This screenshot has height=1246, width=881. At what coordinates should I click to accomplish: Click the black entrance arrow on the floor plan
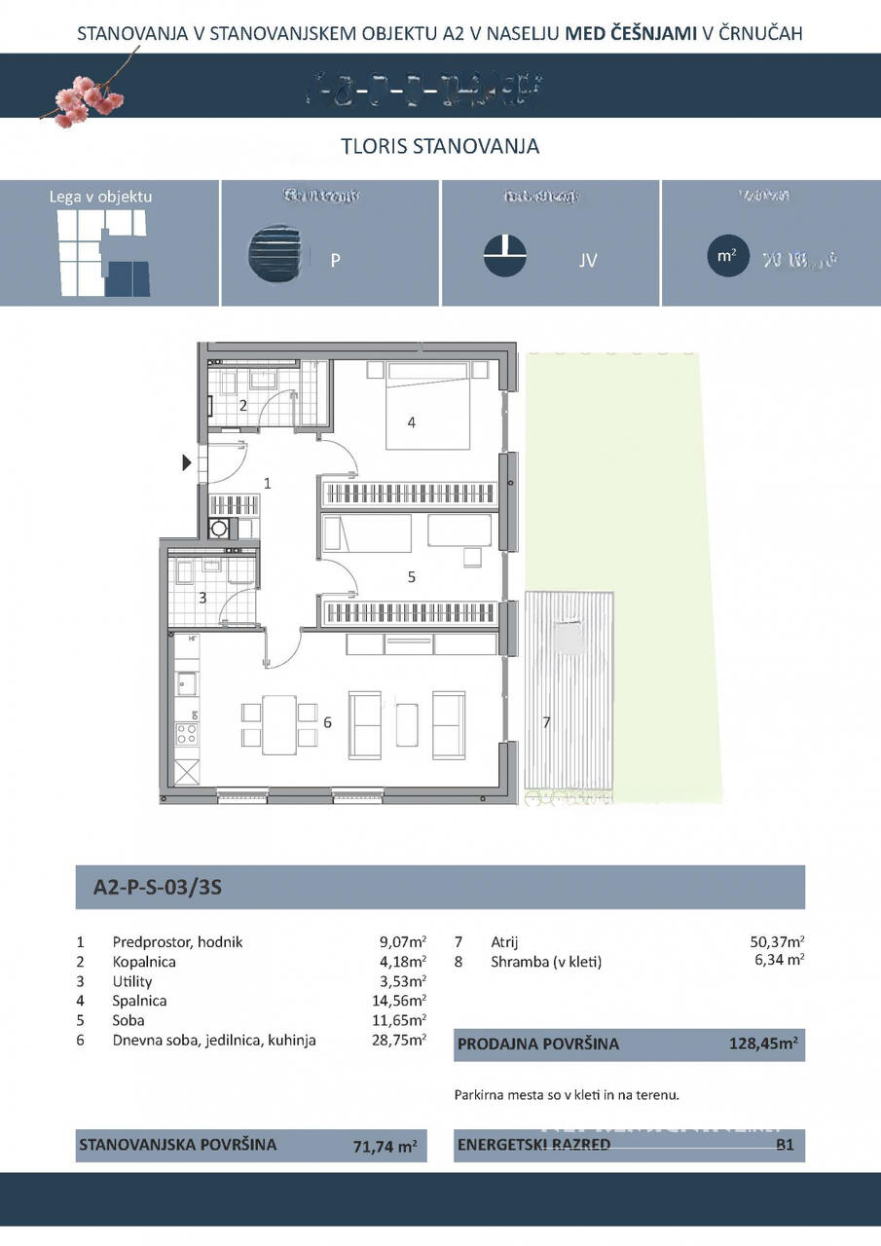coord(188,463)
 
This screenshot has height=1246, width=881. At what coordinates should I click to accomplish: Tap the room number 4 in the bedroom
coord(412,422)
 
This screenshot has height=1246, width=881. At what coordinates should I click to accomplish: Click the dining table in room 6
coord(280,724)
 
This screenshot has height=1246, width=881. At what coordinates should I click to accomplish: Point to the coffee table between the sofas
coord(407,725)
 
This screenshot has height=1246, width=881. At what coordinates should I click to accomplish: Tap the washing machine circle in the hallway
coord(221,529)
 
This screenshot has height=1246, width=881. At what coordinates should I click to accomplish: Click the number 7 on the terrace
coord(547,722)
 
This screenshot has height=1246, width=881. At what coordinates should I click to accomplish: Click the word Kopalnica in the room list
coord(144,962)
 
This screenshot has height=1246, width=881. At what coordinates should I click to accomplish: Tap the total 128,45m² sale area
coord(763,1044)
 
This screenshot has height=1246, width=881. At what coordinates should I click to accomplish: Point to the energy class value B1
coord(785,1145)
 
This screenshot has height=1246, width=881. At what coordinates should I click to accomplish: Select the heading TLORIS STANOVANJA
coord(440,147)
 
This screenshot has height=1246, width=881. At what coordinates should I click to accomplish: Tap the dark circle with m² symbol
coord(726,256)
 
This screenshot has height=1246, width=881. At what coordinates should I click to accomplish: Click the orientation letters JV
coord(588,261)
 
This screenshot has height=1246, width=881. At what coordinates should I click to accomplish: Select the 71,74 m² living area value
coord(385,1147)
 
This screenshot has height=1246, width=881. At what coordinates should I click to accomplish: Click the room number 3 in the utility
coord(202,598)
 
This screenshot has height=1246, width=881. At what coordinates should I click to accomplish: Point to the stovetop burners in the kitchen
coord(186,733)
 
